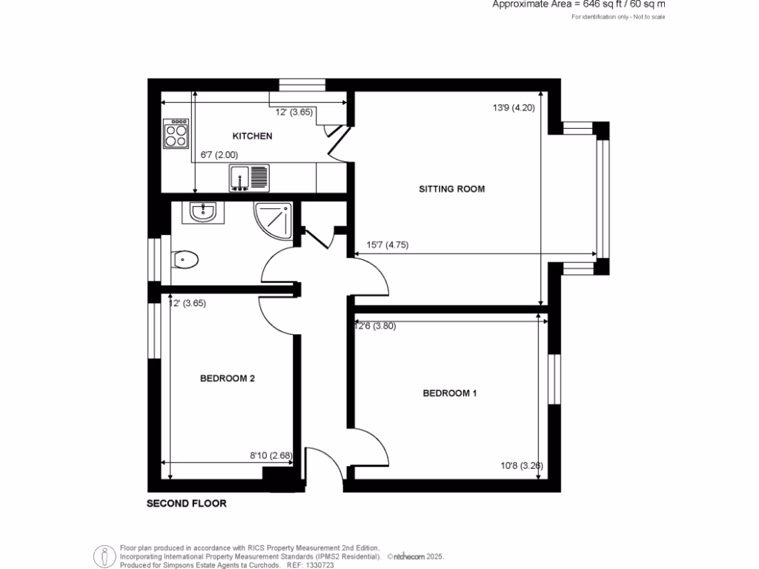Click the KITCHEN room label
(252, 136)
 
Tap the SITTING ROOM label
(451, 189)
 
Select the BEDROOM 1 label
(449, 393)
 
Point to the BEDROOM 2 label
(228, 379)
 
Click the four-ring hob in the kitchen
(176, 133)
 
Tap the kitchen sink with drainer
(249, 178)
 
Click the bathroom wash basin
(202, 212)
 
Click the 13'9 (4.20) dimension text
(513, 107)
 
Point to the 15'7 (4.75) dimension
(388, 245)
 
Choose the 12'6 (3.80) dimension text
(376, 326)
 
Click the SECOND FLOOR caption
(186, 504)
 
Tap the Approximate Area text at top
(579, 4)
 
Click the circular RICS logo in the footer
(104, 556)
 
